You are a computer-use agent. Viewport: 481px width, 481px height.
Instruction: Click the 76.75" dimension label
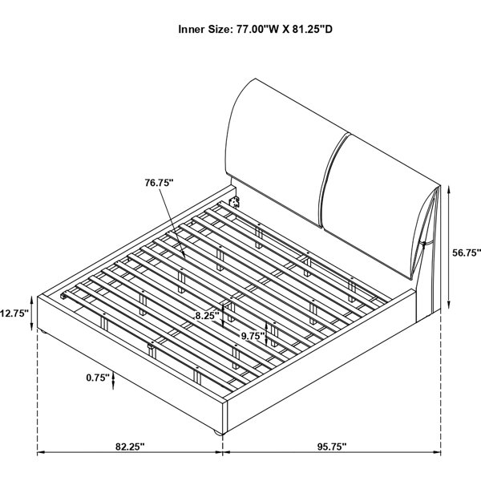[x=160, y=183]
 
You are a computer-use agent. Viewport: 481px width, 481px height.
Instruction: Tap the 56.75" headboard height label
[x=467, y=253]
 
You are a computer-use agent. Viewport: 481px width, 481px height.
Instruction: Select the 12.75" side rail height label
[x=14, y=313]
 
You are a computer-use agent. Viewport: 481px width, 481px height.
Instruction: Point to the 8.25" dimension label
[x=208, y=315]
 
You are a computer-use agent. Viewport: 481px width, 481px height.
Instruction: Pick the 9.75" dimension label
[x=253, y=336]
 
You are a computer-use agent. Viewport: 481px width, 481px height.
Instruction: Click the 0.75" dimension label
[x=98, y=378]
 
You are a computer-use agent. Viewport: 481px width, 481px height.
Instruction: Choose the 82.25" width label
[x=130, y=447]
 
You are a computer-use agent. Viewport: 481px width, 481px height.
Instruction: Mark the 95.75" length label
[x=332, y=447]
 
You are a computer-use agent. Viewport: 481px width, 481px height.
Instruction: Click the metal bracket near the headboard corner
[x=235, y=202]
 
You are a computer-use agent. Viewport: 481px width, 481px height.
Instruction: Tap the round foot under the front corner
[x=218, y=433]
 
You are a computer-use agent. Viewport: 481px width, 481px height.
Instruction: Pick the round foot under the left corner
[x=42, y=332]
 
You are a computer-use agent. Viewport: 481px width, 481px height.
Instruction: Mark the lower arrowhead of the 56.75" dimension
[x=449, y=305]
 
